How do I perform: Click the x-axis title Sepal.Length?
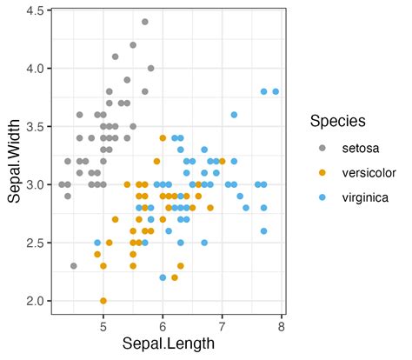(x=168, y=343)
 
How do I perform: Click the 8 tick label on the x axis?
(x=282, y=326)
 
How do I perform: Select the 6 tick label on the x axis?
(x=163, y=326)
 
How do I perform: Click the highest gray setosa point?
(x=145, y=22)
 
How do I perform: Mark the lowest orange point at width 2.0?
(x=103, y=301)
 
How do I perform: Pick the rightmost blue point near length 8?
(x=276, y=91)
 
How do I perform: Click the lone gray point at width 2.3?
(x=74, y=266)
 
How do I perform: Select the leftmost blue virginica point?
(x=97, y=243)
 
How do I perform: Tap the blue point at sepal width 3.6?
(x=234, y=115)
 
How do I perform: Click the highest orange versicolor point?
(x=163, y=137)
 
